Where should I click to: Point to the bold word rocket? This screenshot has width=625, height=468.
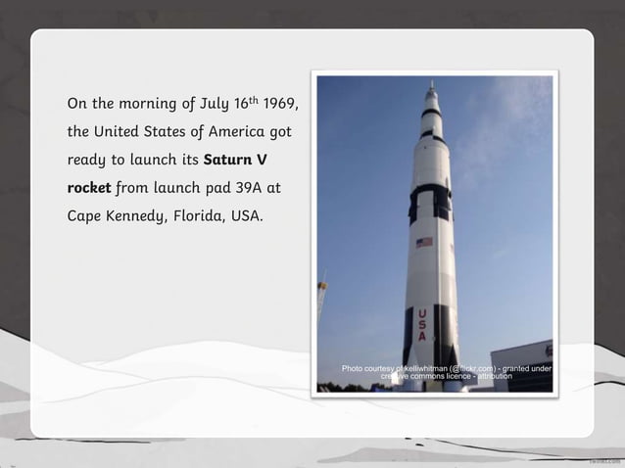tap(88, 187)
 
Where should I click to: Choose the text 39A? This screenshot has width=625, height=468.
tap(248, 187)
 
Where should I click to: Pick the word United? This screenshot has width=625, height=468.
tap(120, 130)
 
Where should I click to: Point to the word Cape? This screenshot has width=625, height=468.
tap(83, 215)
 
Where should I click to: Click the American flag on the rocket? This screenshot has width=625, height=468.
tap(424, 242)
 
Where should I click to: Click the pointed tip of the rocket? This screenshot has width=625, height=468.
tap(431, 85)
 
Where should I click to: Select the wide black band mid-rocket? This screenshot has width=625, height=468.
tap(429, 201)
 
